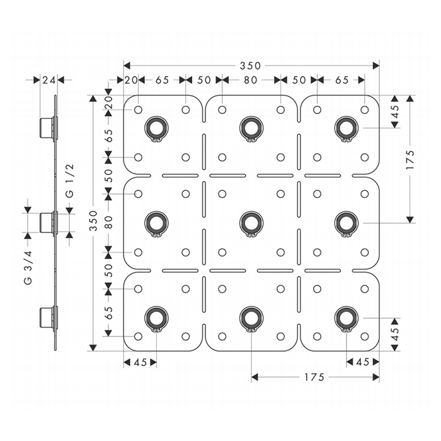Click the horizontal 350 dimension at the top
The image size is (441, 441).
tap(251, 66)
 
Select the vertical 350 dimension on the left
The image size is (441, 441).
tap(94, 221)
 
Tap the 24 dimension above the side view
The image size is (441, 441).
tap(49, 80)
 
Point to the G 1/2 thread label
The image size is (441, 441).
tap(71, 179)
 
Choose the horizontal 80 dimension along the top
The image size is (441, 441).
tap(251, 80)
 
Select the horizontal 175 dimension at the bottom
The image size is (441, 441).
tap(314, 377)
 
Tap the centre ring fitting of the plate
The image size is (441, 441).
tap(251, 221)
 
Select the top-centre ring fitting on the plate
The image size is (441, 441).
tap(251, 128)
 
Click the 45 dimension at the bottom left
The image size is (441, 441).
tap(139, 362)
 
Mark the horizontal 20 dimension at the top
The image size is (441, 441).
tap(131, 80)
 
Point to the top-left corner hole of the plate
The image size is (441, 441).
tap(138, 110)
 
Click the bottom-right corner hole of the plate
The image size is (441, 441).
tap(364, 336)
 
